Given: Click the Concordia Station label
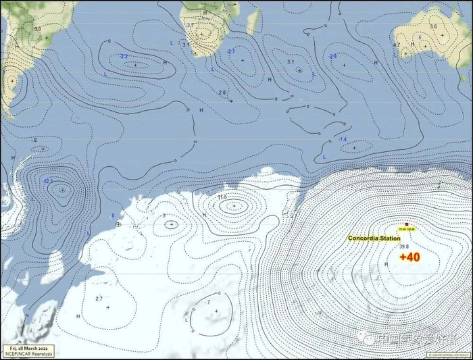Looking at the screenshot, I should pyautogui.click(x=374, y=238).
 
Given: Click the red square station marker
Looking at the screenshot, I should pyautogui.click(x=406, y=224).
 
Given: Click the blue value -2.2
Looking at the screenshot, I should pyautogui.click(x=124, y=56).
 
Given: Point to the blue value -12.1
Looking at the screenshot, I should pyautogui.click(x=47, y=181).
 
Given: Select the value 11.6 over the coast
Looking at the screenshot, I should pyautogui.click(x=222, y=197).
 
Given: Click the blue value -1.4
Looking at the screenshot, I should pyautogui.click(x=343, y=139).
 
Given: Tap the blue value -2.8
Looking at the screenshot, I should pyautogui.click(x=332, y=56).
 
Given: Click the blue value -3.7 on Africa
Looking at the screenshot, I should pyautogui.click(x=190, y=26).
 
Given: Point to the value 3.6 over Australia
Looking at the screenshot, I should pyautogui.click(x=433, y=26).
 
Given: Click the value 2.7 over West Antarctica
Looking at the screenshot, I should pyautogui.click(x=99, y=299).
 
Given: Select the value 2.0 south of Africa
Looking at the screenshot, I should pyautogui.click(x=222, y=92).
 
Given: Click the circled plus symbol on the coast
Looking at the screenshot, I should pyautogui.click(x=119, y=224).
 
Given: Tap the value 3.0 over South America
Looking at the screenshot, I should pyautogui.click(x=37, y=29).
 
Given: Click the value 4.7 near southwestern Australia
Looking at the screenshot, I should pyautogui.click(x=397, y=45).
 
